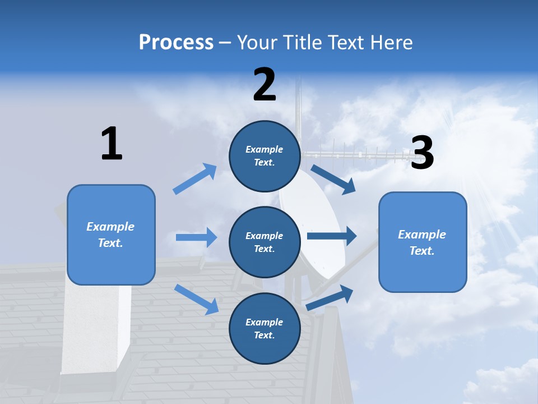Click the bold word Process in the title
176,42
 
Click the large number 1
112,144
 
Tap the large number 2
265,85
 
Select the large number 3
423,153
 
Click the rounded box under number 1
111,235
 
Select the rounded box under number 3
423,242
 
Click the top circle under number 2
265,156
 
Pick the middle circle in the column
265,242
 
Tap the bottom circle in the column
265,328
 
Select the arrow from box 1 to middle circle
196,237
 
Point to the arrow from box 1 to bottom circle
196,299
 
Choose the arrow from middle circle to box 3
332,236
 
